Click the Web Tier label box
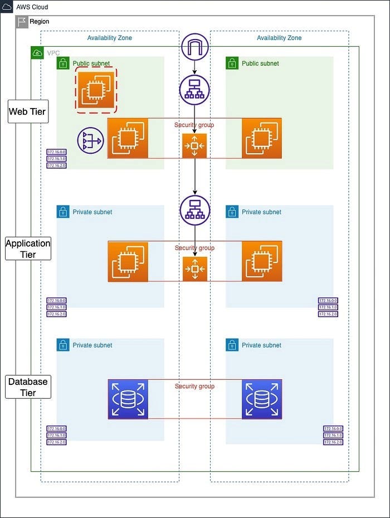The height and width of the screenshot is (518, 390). pyautogui.click(x=27, y=112)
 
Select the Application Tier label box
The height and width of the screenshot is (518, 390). pyautogui.click(x=28, y=248)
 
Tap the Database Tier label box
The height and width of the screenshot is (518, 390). pyautogui.click(x=28, y=387)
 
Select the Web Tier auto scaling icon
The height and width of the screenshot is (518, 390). pyautogui.click(x=194, y=146)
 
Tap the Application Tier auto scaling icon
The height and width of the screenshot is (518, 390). pyautogui.click(x=194, y=269)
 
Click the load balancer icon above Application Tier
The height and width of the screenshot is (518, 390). pyautogui.click(x=194, y=210)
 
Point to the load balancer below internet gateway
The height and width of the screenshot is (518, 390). pyautogui.click(x=194, y=90)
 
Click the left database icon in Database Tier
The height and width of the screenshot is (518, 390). pyautogui.click(x=128, y=399)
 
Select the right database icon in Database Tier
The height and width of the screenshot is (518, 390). pyautogui.click(x=262, y=399)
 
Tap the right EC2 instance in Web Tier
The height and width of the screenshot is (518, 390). pyautogui.click(x=262, y=138)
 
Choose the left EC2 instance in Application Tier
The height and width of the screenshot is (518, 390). pyautogui.click(x=128, y=261)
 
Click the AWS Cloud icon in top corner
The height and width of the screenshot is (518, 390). pyautogui.click(x=7, y=7)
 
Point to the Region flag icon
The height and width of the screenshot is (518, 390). pyautogui.click(x=22, y=22)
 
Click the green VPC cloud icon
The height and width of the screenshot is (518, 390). pyautogui.click(x=37, y=53)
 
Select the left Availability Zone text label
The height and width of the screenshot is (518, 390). pyautogui.click(x=110, y=38)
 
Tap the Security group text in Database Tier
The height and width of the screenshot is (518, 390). pyautogui.click(x=194, y=386)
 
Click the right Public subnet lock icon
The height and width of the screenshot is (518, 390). pyautogui.click(x=232, y=63)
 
